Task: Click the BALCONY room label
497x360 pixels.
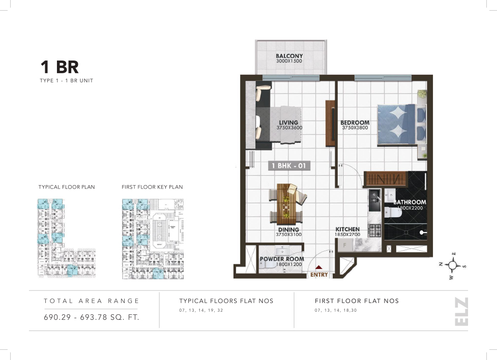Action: (x=289, y=56)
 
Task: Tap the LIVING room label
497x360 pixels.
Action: (x=288, y=123)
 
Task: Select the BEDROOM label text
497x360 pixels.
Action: (x=355, y=123)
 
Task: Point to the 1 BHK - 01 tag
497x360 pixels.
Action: (x=289, y=166)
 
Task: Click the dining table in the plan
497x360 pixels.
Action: (x=288, y=203)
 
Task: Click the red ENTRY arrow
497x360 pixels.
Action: (x=319, y=267)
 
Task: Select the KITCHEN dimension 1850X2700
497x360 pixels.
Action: (x=347, y=235)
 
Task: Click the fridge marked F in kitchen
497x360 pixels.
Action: (x=345, y=245)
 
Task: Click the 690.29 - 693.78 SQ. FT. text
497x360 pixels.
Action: (x=92, y=317)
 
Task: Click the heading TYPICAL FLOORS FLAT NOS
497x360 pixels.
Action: (x=226, y=301)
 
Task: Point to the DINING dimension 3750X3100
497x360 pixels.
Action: (x=289, y=235)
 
